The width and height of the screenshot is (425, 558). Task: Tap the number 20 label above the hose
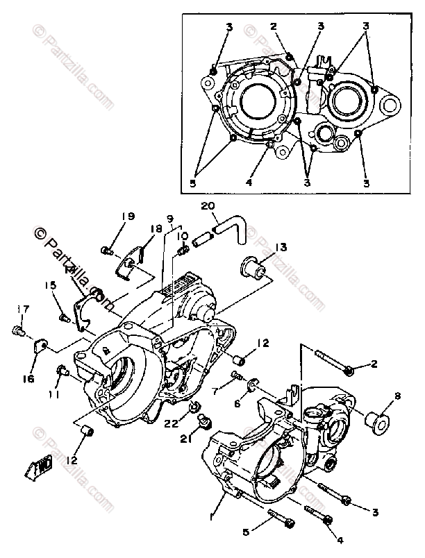(208, 205)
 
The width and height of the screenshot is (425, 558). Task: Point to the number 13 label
(280, 247)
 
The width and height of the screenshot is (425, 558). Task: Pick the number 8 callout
(397, 396)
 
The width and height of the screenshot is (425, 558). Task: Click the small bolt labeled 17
(19, 332)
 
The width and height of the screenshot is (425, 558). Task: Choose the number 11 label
(53, 395)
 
